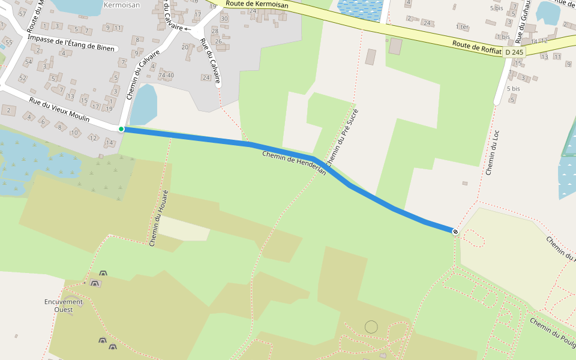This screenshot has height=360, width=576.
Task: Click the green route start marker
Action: [x=121, y=129]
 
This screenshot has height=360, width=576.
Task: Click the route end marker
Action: [x=455, y=232]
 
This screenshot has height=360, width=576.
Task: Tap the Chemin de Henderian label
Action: [x=294, y=163]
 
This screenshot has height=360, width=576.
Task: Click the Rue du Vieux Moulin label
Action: [x=60, y=110]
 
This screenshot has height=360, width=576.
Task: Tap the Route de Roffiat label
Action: [x=477, y=47]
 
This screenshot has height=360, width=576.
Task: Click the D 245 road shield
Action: [x=514, y=52]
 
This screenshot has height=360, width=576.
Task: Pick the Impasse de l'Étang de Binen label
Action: [x=73, y=43]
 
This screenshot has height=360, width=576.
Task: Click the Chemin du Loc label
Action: [x=493, y=153]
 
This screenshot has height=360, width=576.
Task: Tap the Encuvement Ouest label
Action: [x=64, y=305]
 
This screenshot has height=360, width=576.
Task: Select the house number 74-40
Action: [x=166, y=76]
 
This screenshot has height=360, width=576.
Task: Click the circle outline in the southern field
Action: [x=371, y=326]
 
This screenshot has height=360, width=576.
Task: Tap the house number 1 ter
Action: [x=462, y=27]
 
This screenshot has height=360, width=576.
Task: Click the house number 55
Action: [x=9, y=43]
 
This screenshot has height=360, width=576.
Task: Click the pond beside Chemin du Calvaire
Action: [x=143, y=105]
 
